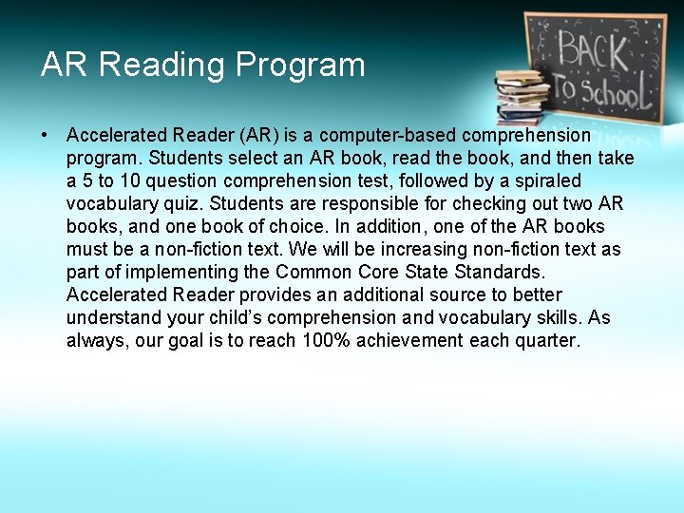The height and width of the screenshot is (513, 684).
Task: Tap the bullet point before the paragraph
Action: [x=46, y=135]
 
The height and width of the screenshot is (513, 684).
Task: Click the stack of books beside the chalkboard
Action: [x=522, y=95]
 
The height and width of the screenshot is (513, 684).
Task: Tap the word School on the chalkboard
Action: [x=614, y=92]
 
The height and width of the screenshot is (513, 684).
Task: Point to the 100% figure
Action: [x=325, y=340]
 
